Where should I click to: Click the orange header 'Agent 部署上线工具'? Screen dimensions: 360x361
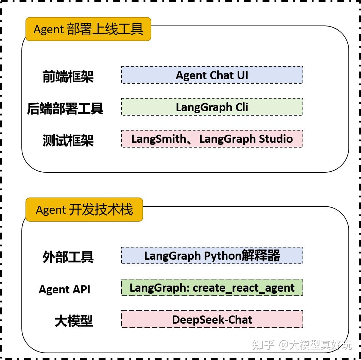88,29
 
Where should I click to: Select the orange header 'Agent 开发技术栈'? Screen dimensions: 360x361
84,209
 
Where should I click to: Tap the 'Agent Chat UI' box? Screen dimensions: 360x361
212,75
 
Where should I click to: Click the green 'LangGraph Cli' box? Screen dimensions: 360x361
212,107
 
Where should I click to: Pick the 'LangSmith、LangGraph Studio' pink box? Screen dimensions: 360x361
212,139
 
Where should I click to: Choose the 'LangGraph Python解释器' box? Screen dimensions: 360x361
212,255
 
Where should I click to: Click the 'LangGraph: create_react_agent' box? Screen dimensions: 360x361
212,288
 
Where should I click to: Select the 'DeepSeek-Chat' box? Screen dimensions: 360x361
212,319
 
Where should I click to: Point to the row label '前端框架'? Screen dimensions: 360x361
68,76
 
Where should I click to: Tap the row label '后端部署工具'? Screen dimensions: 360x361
65,108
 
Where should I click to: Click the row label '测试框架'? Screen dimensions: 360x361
68,140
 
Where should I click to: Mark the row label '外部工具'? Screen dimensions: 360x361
68,257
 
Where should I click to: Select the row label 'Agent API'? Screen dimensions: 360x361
65,289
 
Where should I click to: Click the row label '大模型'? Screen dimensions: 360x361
73,321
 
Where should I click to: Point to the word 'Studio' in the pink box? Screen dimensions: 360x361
276,139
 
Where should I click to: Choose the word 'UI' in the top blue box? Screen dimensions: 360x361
242,75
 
